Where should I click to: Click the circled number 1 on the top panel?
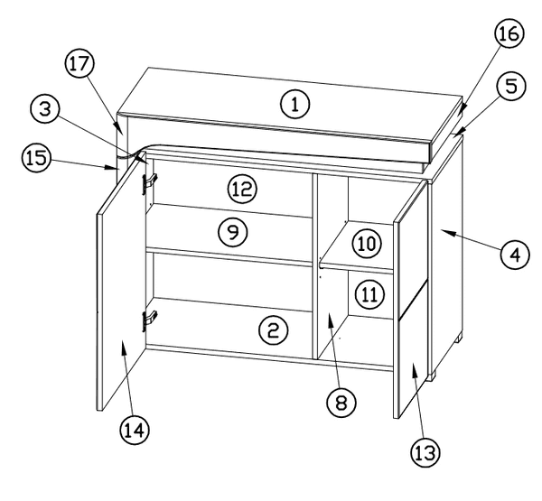[294, 104]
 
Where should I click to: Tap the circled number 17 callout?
[79, 63]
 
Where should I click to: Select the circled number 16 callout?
[509, 33]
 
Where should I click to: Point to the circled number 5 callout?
[511, 86]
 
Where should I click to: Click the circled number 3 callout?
[45, 109]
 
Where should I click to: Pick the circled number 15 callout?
[36, 158]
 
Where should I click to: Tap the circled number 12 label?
[243, 189]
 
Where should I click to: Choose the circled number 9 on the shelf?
[233, 232]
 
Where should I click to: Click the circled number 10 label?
[367, 244]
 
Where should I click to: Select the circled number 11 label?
[369, 294]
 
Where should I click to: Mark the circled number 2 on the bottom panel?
[273, 330]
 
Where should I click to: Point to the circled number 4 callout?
[515, 255]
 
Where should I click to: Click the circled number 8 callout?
[341, 403]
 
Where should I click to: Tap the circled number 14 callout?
[135, 430]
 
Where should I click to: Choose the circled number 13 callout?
[425, 453]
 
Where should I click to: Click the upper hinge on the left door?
[149, 183]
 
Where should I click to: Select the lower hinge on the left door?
[149, 320]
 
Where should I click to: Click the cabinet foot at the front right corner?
[431, 376]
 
